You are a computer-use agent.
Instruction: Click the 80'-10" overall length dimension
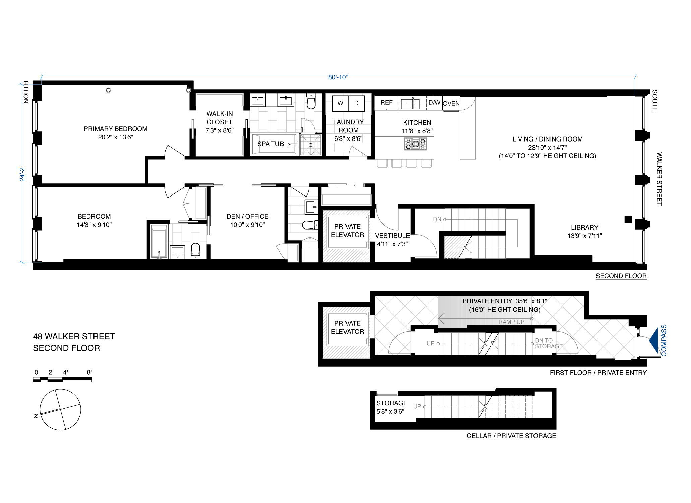click(x=338, y=77)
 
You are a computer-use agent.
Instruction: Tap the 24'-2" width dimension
click(x=22, y=173)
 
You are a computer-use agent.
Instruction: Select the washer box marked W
click(x=340, y=103)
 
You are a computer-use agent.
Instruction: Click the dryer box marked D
click(x=356, y=103)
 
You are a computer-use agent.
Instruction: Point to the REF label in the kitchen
click(x=386, y=103)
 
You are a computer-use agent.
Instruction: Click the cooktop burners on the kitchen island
click(x=415, y=144)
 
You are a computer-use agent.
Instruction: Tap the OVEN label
click(x=451, y=104)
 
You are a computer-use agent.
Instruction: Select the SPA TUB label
click(x=270, y=144)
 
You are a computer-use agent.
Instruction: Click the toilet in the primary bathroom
click(x=311, y=102)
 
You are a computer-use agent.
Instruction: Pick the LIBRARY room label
click(x=584, y=228)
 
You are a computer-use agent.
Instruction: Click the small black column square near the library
click(x=628, y=220)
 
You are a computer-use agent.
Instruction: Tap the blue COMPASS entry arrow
click(x=654, y=340)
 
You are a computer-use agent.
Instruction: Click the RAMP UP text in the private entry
click(x=511, y=322)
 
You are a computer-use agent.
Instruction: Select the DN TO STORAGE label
click(x=548, y=343)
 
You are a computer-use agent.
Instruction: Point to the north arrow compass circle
click(x=60, y=409)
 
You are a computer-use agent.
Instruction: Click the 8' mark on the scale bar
click(x=89, y=373)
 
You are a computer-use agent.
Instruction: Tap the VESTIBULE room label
click(x=392, y=236)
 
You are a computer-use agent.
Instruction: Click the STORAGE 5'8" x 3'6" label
click(x=391, y=407)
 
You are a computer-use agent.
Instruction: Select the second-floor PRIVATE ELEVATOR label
click(x=347, y=231)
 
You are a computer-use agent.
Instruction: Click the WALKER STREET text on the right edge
click(x=659, y=178)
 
